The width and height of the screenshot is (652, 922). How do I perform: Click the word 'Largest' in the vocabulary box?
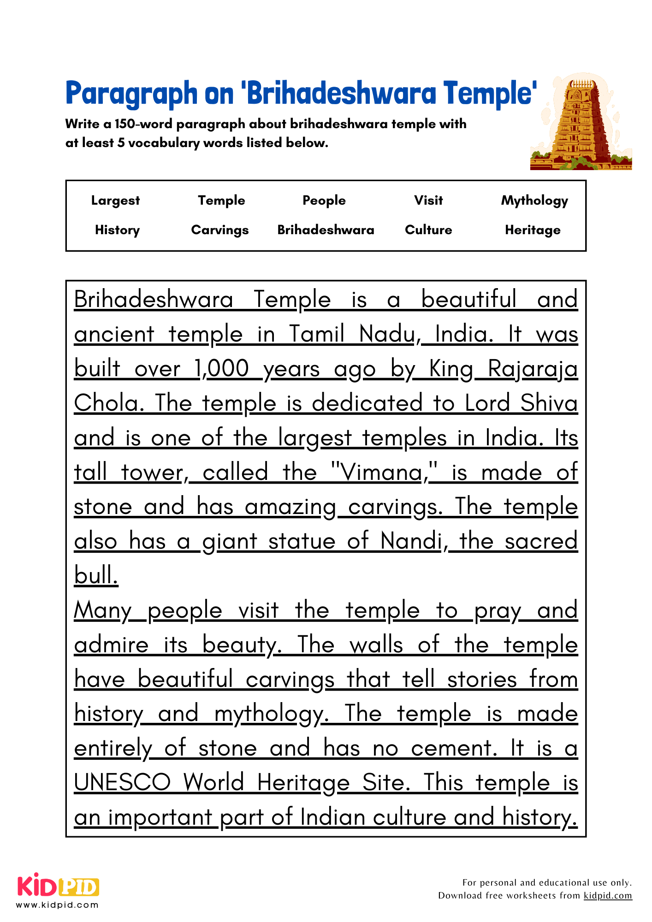tap(115, 201)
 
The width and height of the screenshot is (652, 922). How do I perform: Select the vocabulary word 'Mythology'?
tap(534, 201)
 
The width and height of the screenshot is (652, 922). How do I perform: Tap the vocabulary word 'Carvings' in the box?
tap(220, 230)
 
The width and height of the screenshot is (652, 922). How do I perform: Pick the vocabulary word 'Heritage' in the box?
tap(533, 230)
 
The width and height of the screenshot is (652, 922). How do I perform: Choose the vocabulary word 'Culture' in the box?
tap(428, 230)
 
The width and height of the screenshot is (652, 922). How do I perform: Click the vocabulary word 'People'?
tap(324, 201)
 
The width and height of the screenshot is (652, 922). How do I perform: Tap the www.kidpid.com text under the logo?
tap(58, 905)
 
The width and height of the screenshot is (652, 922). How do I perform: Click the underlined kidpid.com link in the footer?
tap(608, 896)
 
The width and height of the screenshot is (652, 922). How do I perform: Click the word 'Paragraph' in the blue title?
tap(131, 94)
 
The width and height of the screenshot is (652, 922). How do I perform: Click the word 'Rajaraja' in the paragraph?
tap(533, 370)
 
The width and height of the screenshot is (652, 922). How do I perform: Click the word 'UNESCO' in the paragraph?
tap(122, 783)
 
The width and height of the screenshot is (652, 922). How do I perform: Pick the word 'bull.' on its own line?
tap(96, 576)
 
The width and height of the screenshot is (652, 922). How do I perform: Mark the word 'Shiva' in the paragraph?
tap(549, 403)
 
